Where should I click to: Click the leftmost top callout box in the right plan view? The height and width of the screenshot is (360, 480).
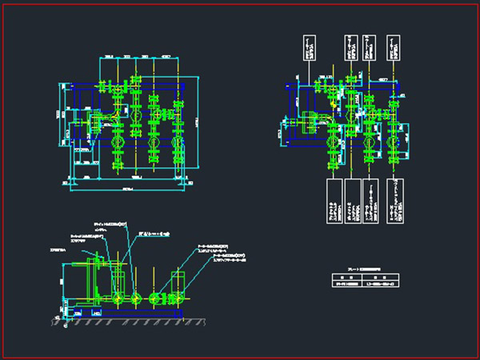click(308, 49)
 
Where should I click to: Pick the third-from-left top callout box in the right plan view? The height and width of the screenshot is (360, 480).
click(370, 49)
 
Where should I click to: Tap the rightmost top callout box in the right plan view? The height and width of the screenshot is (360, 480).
click(393, 49)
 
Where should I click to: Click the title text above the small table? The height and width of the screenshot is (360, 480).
click(358, 270)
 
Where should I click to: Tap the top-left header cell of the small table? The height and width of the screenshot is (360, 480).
click(344, 277)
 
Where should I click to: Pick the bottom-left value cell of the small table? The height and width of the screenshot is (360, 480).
click(344, 284)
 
